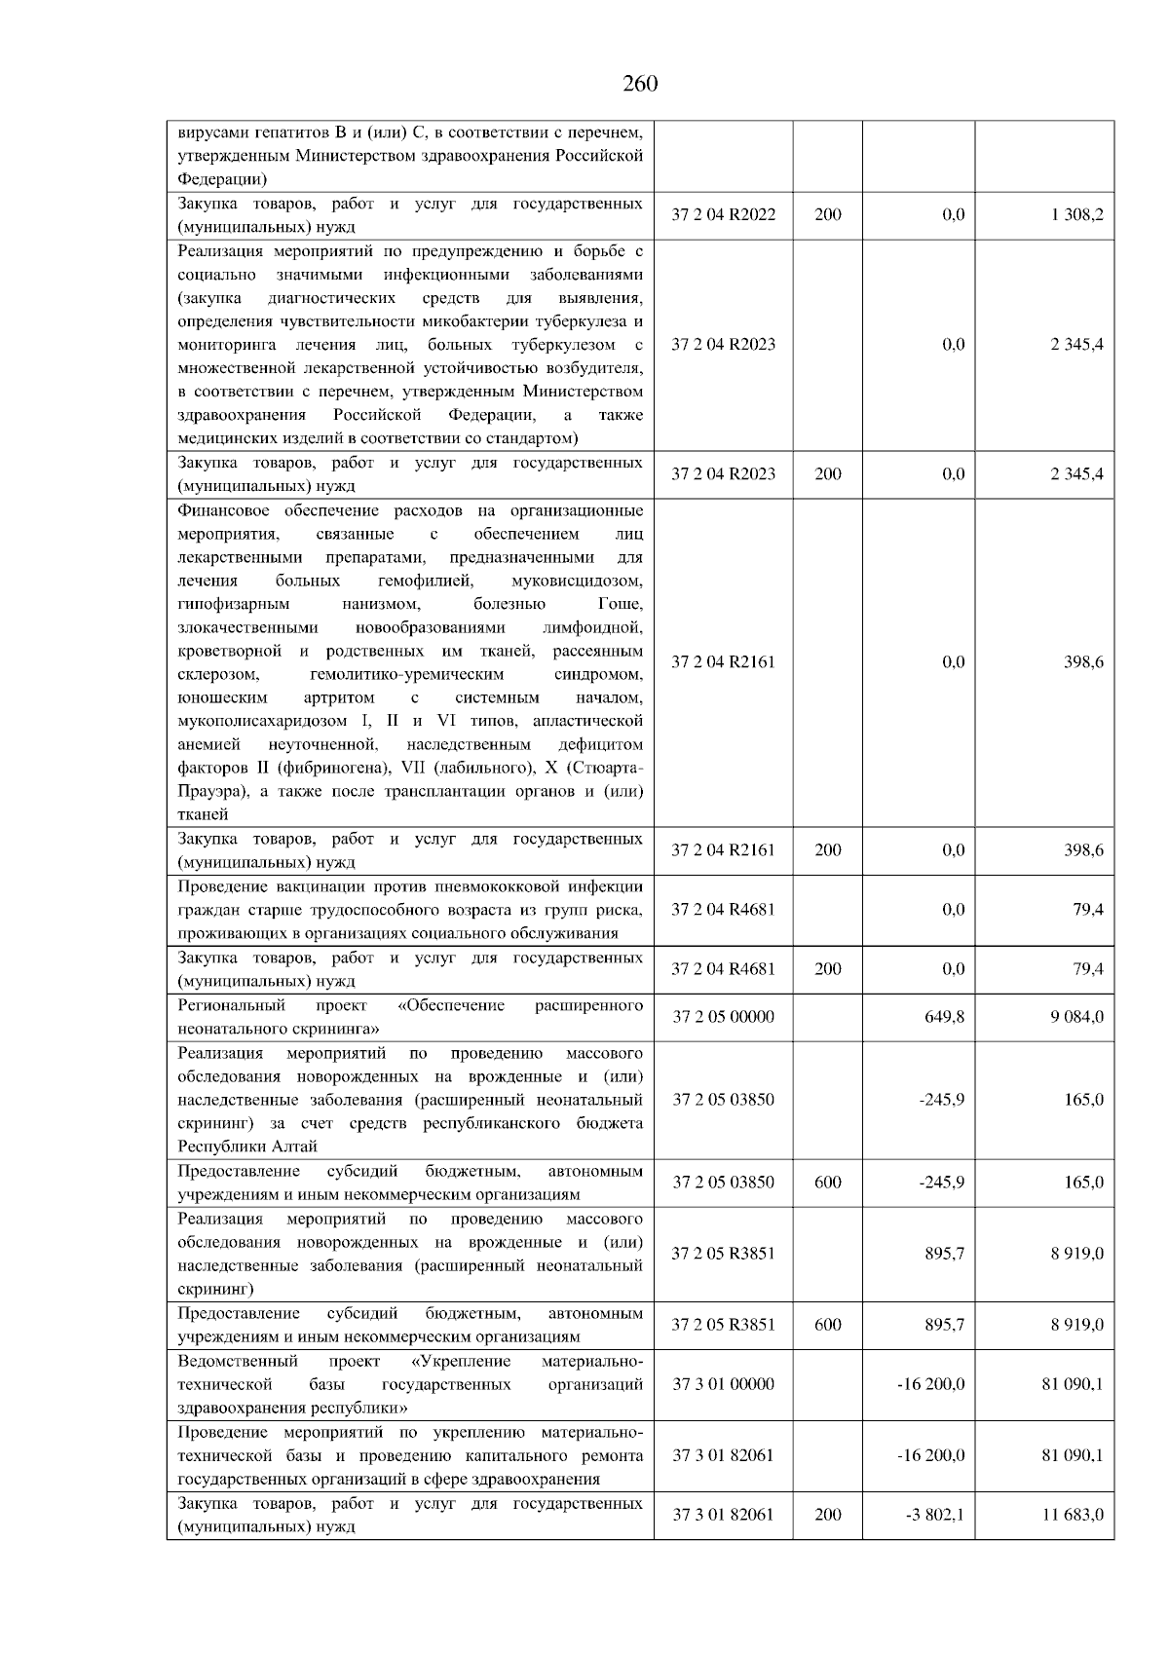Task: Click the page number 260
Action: pos(640,84)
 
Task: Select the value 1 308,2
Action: pos(1076,215)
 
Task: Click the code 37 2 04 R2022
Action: pos(724,215)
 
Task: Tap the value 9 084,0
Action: pos(1076,1017)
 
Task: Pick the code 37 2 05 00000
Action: pos(724,1017)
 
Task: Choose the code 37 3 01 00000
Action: pos(724,1384)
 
